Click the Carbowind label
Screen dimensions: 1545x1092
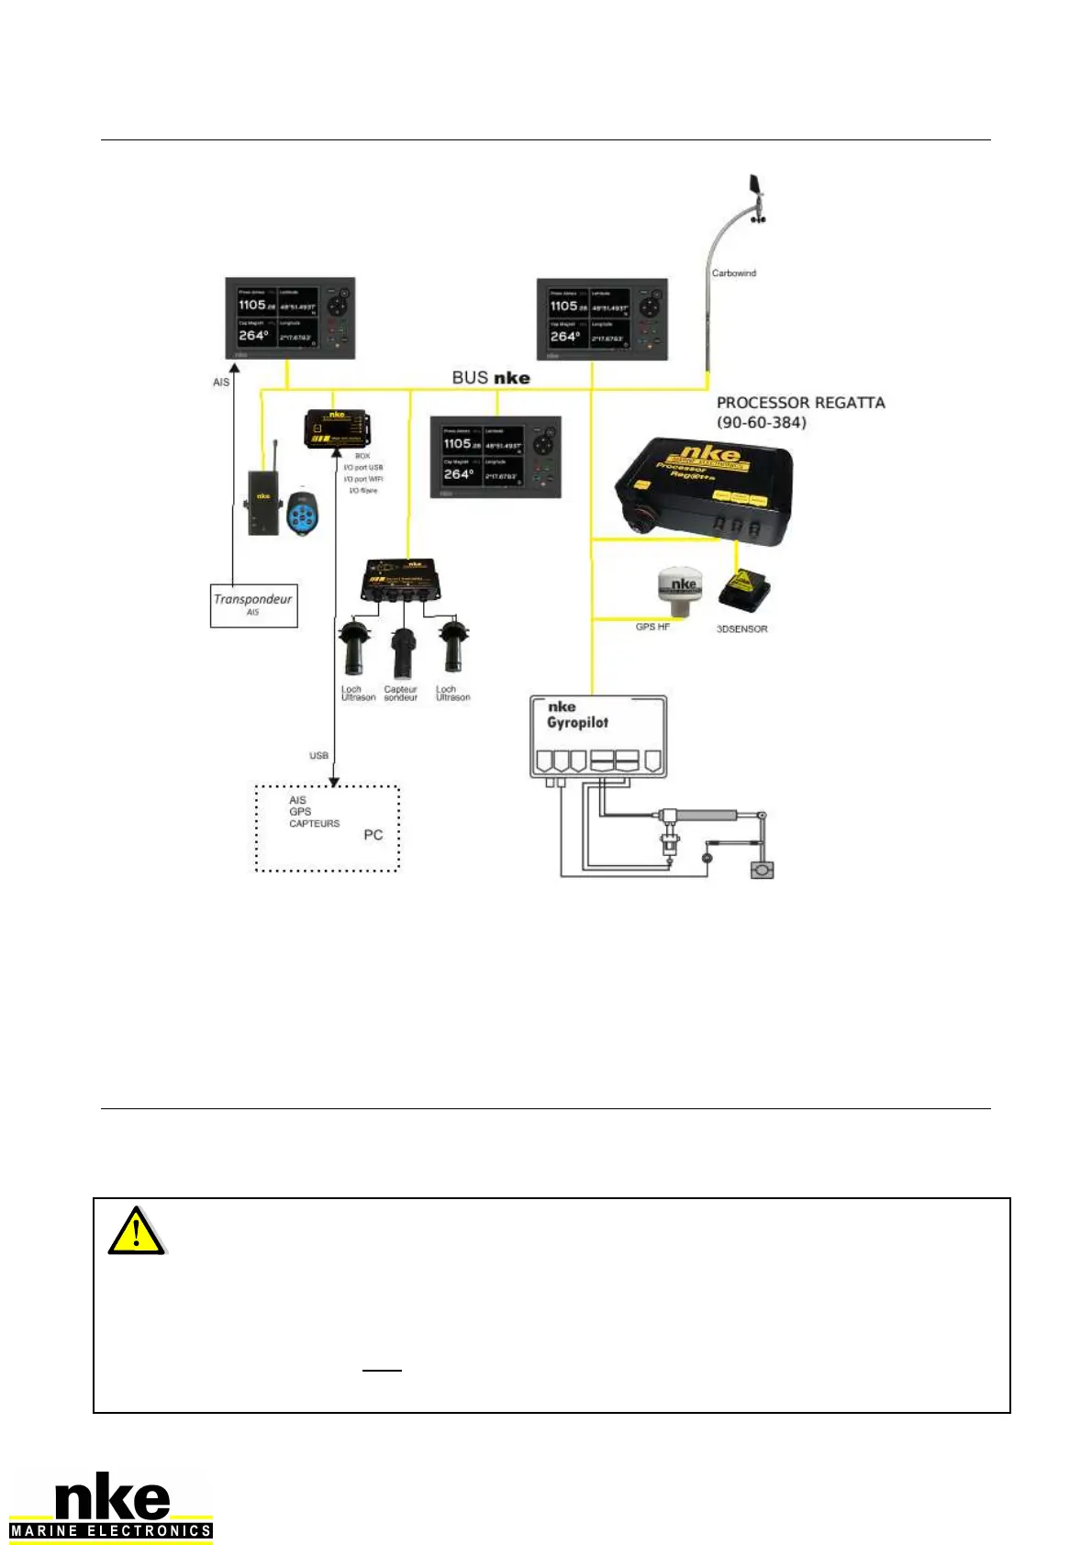click(x=734, y=273)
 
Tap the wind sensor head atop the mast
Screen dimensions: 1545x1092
click(x=756, y=196)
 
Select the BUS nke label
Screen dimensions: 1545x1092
click(x=491, y=378)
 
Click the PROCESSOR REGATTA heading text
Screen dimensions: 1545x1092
click(x=800, y=403)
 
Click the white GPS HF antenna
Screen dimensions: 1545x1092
click(x=679, y=593)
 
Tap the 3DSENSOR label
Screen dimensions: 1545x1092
click(x=741, y=629)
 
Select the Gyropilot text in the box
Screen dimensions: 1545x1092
click(x=577, y=723)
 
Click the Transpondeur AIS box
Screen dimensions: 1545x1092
click(x=254, y=606)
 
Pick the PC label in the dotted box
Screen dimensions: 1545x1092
click(x=373, y=835)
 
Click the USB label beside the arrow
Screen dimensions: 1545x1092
click(x=318, y=756)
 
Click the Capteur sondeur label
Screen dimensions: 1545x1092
click(x=400, y=694)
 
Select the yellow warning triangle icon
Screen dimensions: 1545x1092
click(x=136, y=1231)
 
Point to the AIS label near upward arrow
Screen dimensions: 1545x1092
click(x=221, y=383)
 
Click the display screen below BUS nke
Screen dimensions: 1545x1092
click(x=496, y=457)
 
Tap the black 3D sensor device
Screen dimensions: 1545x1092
click(x=743, y=591)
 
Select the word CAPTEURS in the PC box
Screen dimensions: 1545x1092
click(x=314, y=824)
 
